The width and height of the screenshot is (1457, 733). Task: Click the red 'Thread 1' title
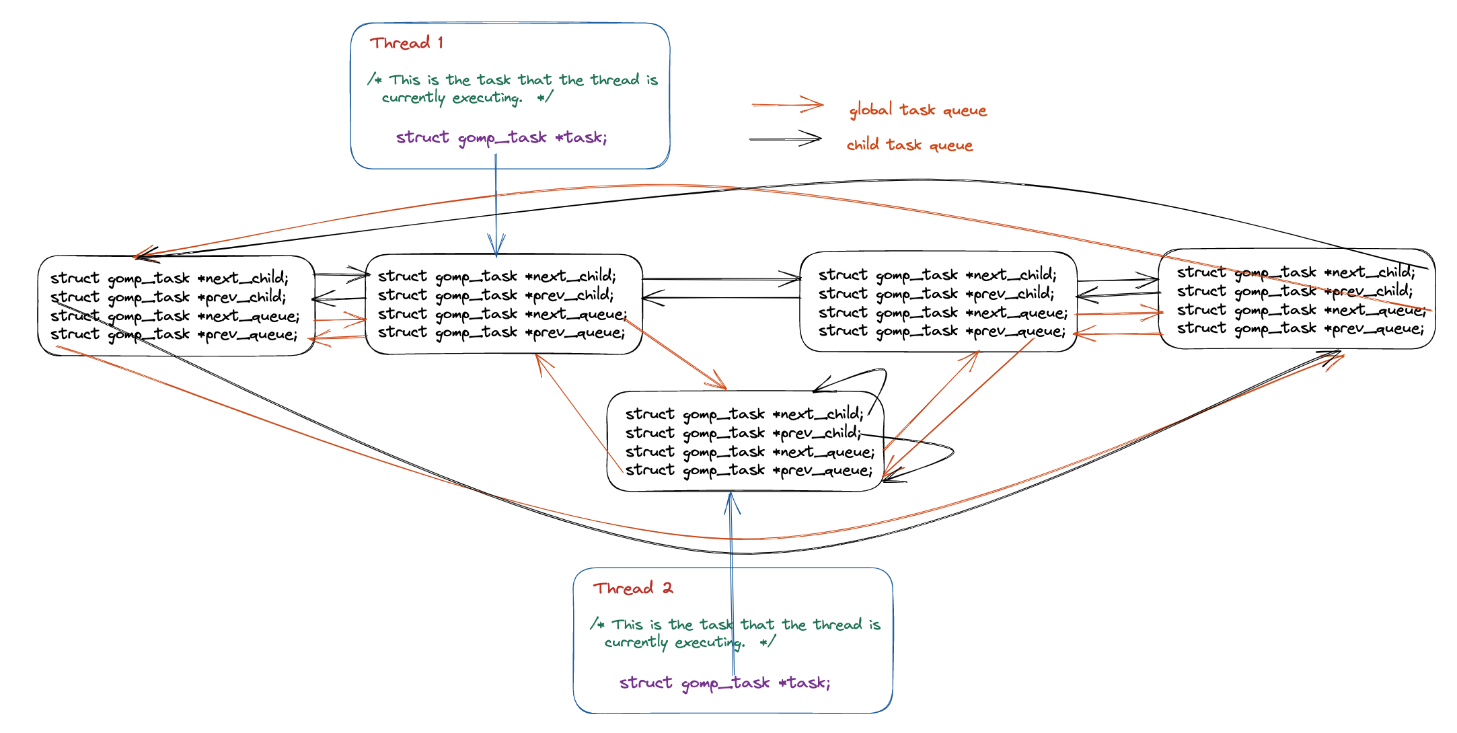click(x=406, y=43)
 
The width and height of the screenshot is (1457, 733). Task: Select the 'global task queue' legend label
click(x=918, y=110)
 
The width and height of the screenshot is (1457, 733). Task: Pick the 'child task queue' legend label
click(x=909, y=145)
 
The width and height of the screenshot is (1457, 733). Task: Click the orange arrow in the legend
click(x=787, y=105)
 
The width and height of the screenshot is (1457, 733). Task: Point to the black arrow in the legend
click(x=785, y=139)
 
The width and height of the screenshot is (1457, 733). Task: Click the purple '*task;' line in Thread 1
click(x=501, y=137)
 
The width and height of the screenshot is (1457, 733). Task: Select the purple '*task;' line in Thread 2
click(x=724, y=683)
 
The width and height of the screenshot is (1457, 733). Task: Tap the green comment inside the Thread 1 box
click(x=513, y=89)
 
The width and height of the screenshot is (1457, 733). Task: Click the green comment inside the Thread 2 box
click(x=735, y=633)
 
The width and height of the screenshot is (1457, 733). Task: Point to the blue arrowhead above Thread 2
click(x=732, y=503)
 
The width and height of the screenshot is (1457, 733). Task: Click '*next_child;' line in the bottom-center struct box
click(x=744, y=414)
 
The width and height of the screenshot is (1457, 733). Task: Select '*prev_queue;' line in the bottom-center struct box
click(x=748, y=470)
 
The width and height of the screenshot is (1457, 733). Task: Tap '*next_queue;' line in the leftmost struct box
click(x=174, y=315)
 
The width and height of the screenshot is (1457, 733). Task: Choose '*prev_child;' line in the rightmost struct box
click(x=1294, y=291)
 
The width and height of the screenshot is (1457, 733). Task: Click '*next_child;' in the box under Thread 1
click(x=496, y=276)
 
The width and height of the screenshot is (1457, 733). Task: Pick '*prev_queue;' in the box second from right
click(x=941, y=331)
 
